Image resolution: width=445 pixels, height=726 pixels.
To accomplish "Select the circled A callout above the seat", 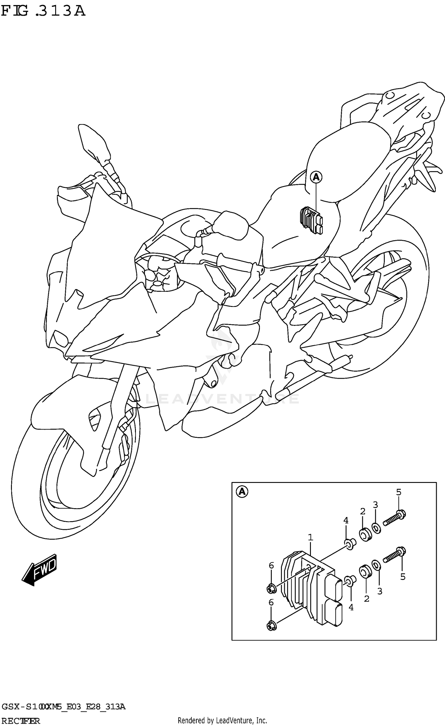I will click(316, 177).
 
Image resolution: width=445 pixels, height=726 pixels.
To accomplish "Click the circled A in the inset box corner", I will click(242, 492).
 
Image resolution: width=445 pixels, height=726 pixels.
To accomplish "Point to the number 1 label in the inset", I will click(310, 537).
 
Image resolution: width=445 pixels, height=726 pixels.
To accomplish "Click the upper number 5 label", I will click(399, 492).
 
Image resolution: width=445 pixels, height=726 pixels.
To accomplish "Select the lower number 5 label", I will click(403, 577).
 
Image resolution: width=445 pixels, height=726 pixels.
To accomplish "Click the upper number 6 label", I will click(271, 566).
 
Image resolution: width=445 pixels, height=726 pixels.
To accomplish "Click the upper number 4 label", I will click(346, 520).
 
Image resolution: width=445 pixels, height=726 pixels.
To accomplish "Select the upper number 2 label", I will click(363, 511).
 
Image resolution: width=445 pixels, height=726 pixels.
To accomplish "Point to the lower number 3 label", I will click(380, 591).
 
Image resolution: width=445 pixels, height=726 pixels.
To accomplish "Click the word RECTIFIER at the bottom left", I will click(20, 721).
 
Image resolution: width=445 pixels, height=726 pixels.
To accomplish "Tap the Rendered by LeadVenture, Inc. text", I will click(222, 720).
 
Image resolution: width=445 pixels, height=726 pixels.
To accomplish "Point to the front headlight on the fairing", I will click(59, 338).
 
